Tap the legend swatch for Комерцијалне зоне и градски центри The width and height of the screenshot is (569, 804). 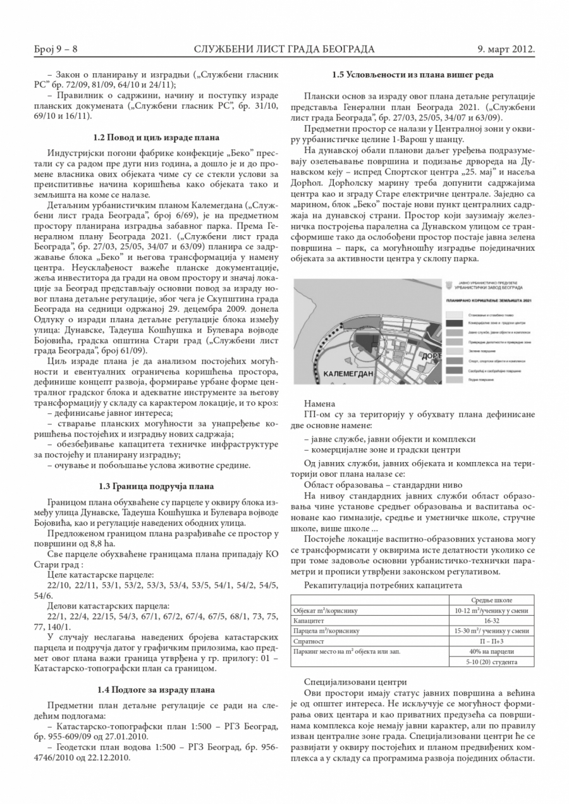(x=452, y=322)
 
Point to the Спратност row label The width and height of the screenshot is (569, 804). (x=309, y=641)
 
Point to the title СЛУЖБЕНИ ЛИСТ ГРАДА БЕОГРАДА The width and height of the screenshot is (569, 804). (x=284, y=49)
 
